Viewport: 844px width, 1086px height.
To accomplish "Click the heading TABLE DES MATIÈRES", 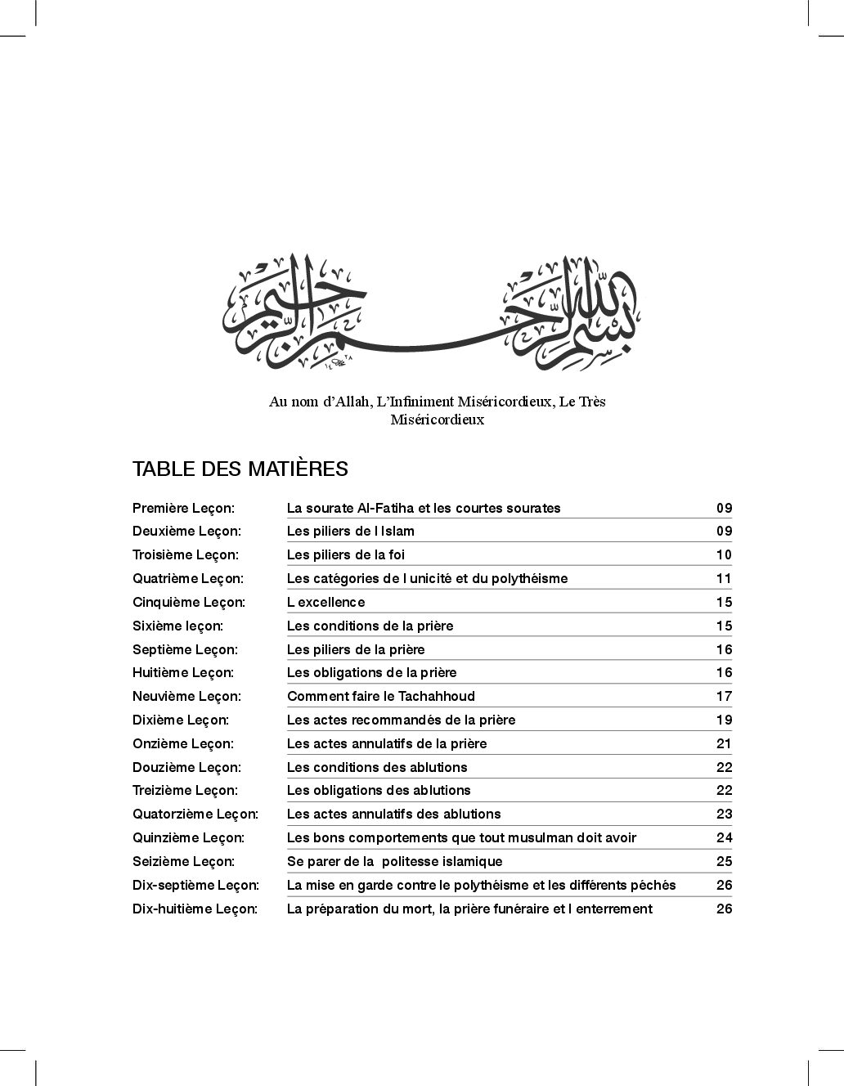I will click(240, 469).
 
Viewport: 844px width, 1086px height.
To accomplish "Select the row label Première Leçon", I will click(183, 508).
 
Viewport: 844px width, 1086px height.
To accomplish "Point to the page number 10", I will click(724, 554).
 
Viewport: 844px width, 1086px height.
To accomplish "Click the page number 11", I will click(724, 578).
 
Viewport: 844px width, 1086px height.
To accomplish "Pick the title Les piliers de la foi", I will click(346, 554).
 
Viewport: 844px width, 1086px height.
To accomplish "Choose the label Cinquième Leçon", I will click(188, 602).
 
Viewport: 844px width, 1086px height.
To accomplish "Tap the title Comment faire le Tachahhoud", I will click(381, 696).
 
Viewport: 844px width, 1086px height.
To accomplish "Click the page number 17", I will click(724, 696).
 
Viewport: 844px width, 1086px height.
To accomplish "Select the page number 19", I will click(724, 720).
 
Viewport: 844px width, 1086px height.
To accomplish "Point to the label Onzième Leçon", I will click(183, 743).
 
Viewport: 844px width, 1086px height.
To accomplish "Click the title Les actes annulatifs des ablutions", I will click(393, 814).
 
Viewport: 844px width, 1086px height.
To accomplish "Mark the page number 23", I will click(724, 814).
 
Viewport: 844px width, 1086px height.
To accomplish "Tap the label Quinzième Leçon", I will click(188, 837).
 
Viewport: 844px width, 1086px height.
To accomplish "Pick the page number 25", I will click(724, 861).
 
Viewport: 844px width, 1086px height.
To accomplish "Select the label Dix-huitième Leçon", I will click(195, 909).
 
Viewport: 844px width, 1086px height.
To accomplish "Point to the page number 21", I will click(724, 743).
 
